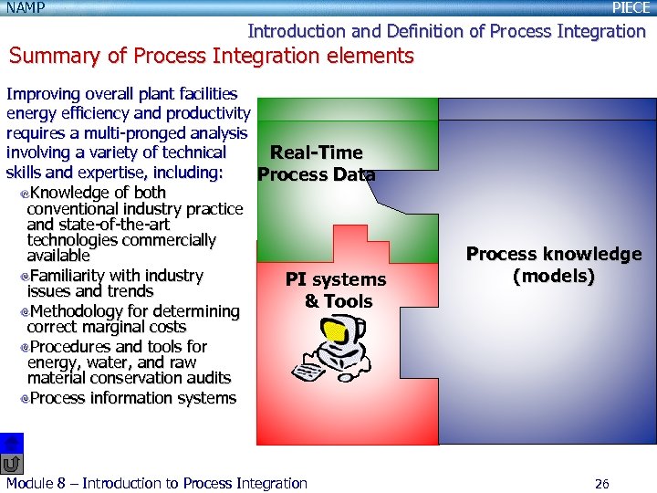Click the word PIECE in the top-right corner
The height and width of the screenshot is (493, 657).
click(631, 8)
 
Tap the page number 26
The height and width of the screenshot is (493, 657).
click(601, 484)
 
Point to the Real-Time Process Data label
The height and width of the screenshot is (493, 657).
click(316, 163)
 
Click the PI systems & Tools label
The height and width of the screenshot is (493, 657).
click(336, 290)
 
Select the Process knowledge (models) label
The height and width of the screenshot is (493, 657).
click(554, 265)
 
